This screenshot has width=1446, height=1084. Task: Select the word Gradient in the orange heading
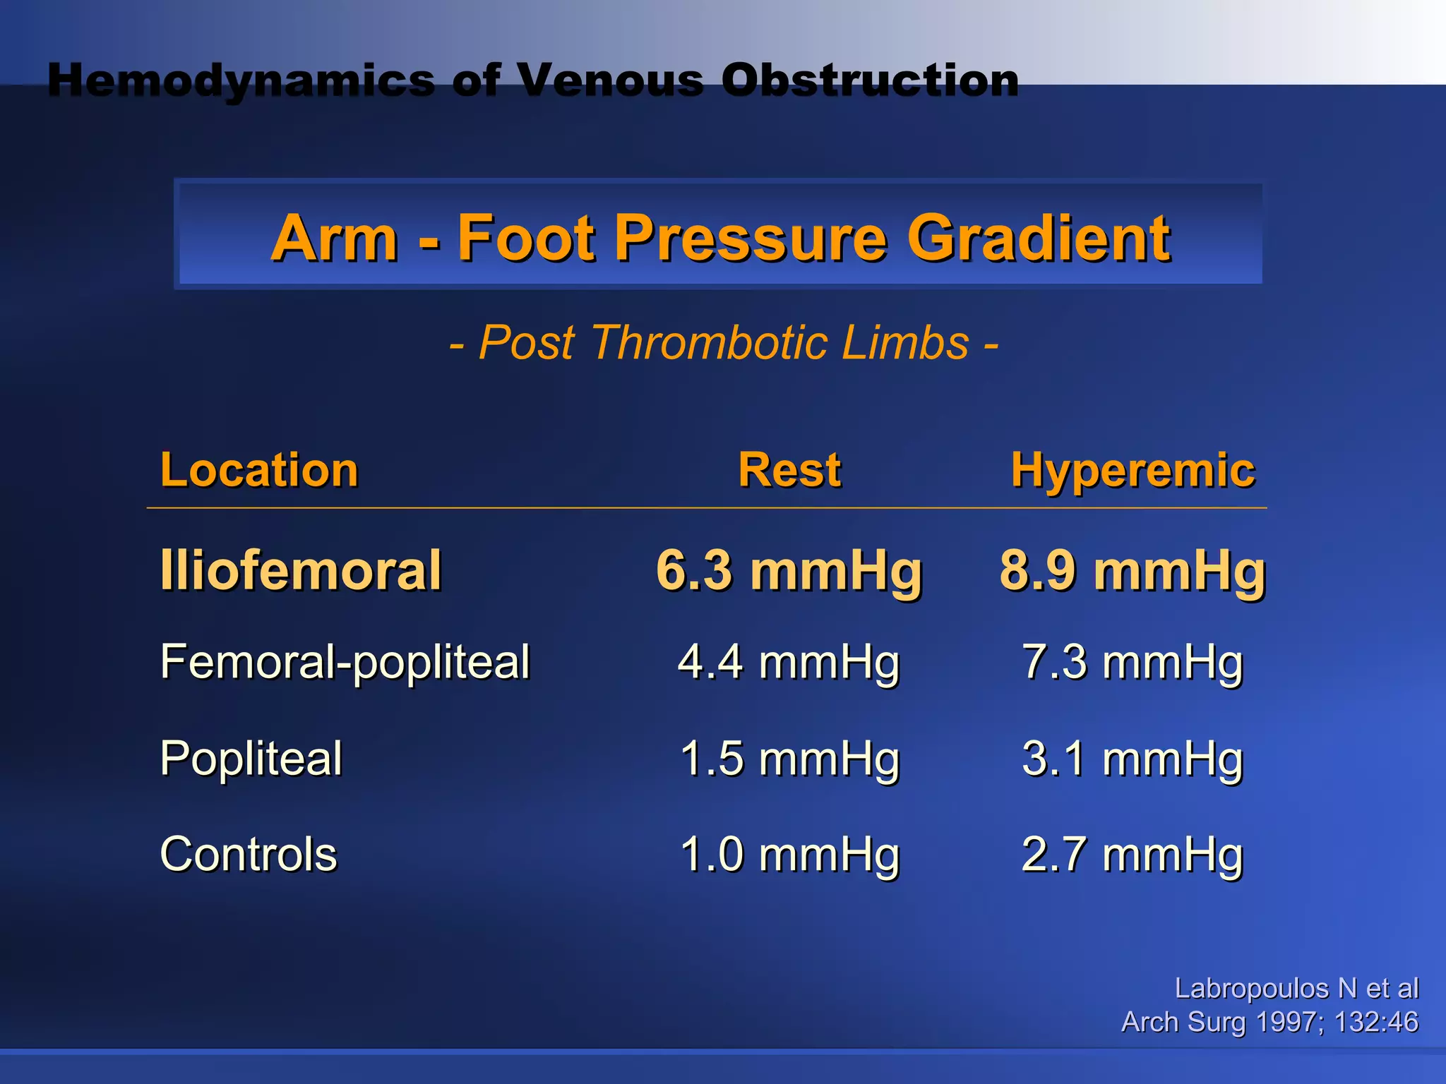coord(1038,238)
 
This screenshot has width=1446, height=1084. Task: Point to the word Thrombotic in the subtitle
coord(709,343)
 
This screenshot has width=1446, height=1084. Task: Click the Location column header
coord(259,470)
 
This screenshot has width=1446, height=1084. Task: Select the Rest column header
coord(789,470)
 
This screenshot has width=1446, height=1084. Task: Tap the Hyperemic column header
coord(1133,470)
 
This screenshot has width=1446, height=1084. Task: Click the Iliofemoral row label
coord(301,570)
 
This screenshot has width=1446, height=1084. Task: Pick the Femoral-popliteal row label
coord(345,663)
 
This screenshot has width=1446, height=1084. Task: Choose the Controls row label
coord(249,855)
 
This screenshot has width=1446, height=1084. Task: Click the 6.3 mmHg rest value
coord(789,570)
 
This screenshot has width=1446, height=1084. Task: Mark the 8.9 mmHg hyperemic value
coord(1133,570)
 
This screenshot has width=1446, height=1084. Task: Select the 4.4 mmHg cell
coord(789,663)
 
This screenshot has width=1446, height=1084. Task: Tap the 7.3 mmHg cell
coord(1133,663)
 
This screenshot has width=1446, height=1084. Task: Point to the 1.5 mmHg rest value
coord(789,759)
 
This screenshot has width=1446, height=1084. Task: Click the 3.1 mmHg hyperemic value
coord(1133,759)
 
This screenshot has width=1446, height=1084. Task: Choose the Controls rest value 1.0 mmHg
coord(789,855)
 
